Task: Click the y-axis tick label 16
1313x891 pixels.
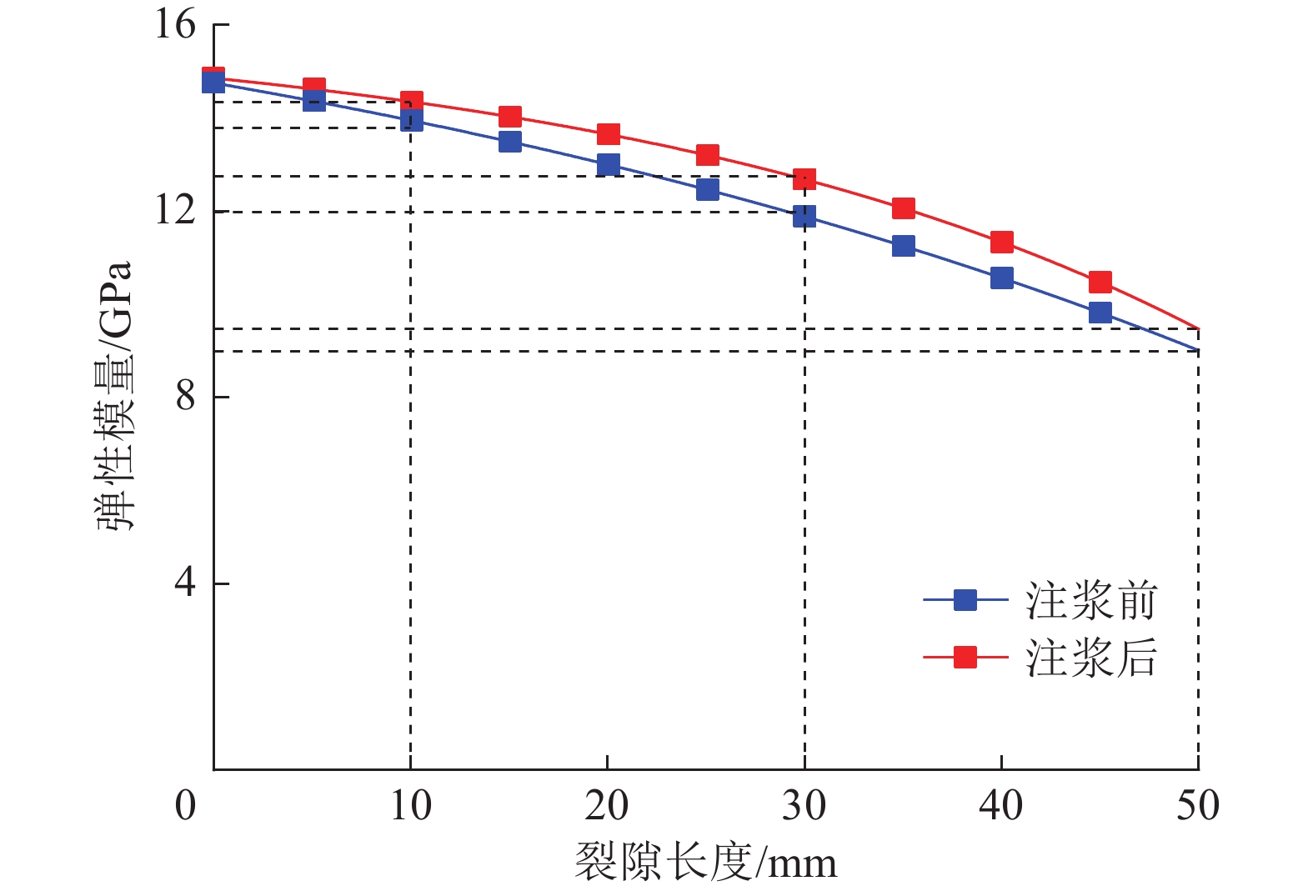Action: pos(174,25)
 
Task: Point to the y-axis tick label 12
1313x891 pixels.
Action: pos(174,210)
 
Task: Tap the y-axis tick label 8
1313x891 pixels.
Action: pos(185,396)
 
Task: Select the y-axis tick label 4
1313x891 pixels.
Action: pos(185,582)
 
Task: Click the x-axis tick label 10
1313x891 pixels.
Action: pos(410,806)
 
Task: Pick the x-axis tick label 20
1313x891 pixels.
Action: pos(607,806)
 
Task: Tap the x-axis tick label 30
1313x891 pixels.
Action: pos(804,806)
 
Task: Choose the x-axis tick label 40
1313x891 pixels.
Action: pos(1000,806)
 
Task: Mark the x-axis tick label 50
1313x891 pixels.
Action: pos(1197,806)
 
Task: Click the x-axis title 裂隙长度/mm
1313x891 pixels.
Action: pos(705,862)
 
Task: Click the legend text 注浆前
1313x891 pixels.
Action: pos(1091,601)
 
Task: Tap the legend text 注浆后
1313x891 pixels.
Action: pos(1091,658)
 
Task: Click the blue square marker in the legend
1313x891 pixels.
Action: pos(965,600)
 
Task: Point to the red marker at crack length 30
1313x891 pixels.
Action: pos(804,179)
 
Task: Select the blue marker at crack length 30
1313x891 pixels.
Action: pos(804,217)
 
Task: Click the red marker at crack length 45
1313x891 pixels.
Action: pos(1100,283)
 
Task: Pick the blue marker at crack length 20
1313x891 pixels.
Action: pos(609,164)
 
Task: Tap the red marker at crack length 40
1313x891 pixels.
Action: pos(1002,243)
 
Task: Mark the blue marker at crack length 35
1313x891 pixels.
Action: pos(904,246)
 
